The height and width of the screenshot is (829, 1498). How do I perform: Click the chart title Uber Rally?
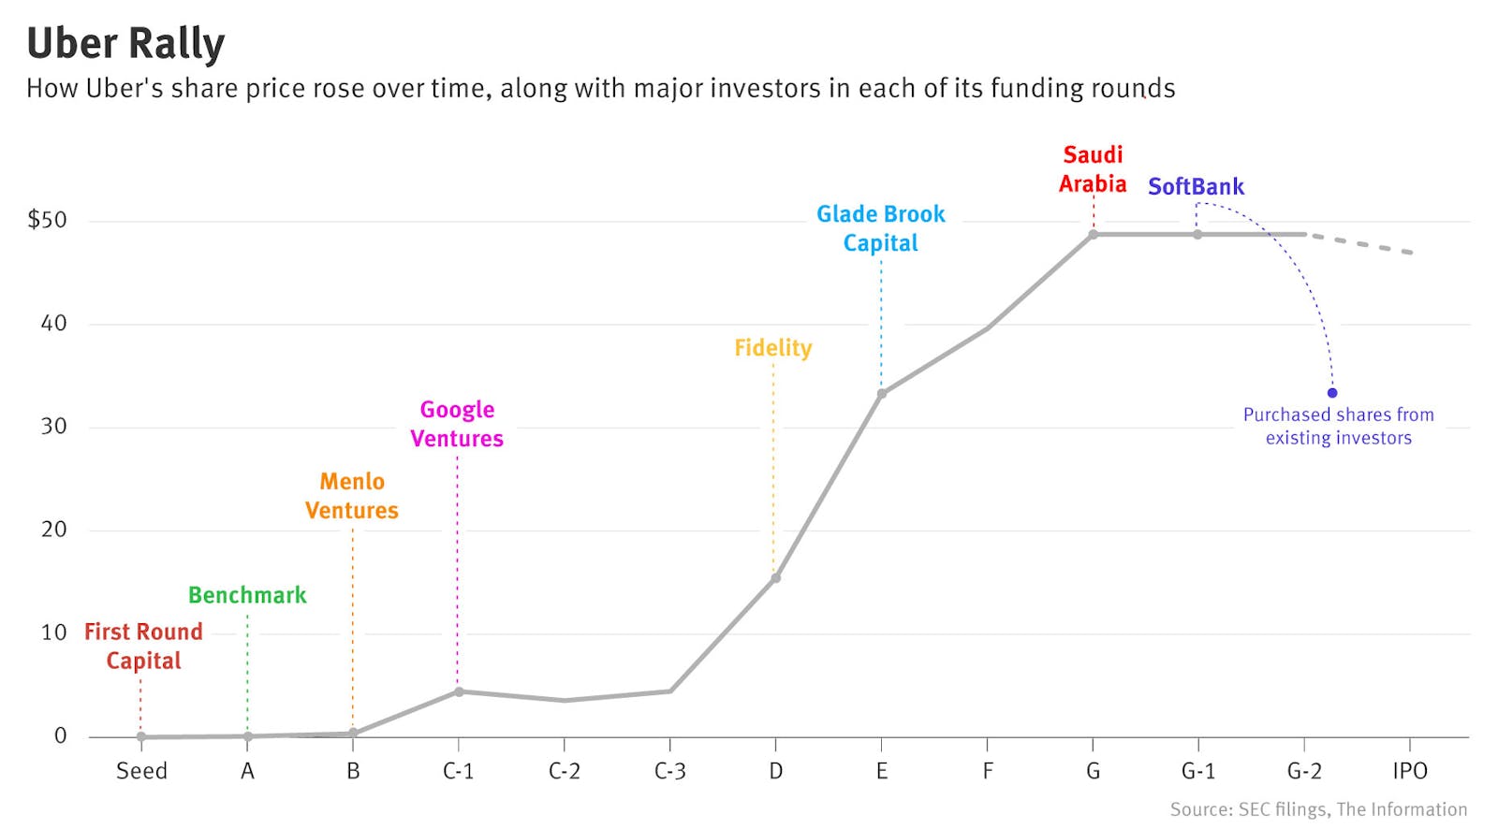(125, 44)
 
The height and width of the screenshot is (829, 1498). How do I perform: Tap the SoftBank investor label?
(1196, 187)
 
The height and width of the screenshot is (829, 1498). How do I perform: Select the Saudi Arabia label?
(1093, 169)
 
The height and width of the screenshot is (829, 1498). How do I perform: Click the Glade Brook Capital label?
(880, 228)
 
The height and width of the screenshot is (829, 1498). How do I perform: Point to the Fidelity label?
(772, 348)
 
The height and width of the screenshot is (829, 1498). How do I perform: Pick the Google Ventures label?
(457, 424)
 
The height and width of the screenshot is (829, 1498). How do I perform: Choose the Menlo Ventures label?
(352, 496)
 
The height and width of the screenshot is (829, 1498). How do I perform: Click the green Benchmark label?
(247, 595)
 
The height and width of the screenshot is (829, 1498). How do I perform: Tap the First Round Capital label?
(143, 646)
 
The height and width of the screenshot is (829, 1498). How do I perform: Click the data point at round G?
(1093, 235)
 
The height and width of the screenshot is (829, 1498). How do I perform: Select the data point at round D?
(775, 578)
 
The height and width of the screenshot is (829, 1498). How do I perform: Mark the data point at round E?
(881, 394)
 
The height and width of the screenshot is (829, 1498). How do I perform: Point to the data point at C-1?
(459, 691)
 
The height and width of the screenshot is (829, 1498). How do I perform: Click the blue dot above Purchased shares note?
(1332, 393)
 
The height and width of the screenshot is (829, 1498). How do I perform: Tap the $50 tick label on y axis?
(48, 221)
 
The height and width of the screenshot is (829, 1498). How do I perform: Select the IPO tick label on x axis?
(1409, 771)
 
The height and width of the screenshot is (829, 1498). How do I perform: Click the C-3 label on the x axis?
(669, 771)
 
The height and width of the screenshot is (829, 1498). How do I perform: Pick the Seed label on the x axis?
(141, 771)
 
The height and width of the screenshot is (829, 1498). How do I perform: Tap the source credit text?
(1318, 809)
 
